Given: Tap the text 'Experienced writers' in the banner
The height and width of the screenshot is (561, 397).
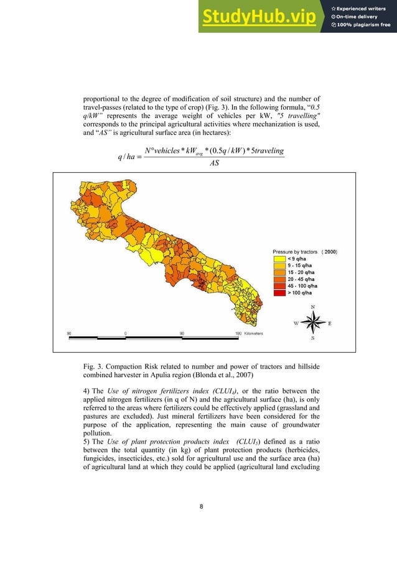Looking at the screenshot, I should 362,8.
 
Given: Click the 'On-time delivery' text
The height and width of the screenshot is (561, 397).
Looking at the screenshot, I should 358,17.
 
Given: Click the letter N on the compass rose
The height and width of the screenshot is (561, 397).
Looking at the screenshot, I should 312,307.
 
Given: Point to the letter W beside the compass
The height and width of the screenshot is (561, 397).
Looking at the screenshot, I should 296,323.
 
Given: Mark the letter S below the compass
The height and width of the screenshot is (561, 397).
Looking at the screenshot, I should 312,339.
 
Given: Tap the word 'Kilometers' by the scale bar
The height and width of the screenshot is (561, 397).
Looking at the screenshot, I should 253,333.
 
